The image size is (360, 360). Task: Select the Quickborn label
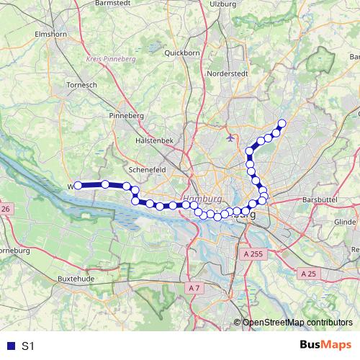pyautogui.click(x=181, y=53)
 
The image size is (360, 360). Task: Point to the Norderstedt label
pyautogui.click(x=228, y=73)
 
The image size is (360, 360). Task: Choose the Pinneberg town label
pyautogui.click(x=125, y=115)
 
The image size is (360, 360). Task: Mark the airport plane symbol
pyautogui.click(x=230, y=136)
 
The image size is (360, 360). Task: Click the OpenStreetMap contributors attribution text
pyautogui.click(x=297, y=323)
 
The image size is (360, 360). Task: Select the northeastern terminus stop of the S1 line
pyautogui.click(x=282, y=123)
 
